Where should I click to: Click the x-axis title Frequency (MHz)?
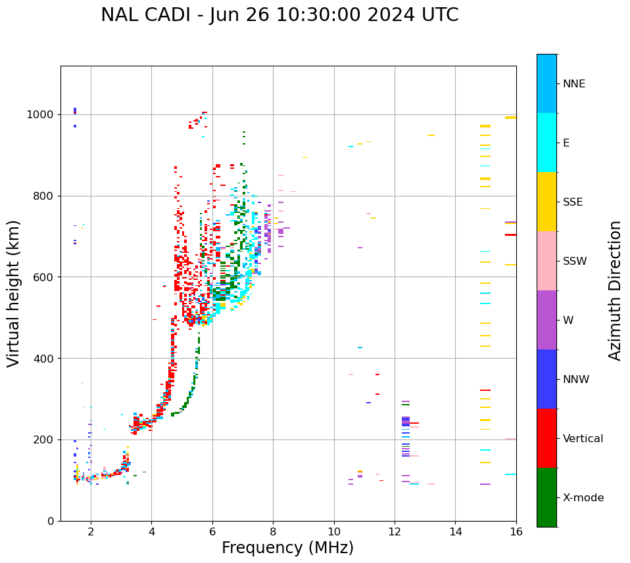point(287,548)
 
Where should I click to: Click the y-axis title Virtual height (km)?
point(14,294)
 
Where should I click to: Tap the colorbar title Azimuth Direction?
point(615,290)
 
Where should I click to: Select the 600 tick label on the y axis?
point(47,277)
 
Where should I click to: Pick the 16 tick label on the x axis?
point(516,531)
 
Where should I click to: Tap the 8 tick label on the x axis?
point(273,531)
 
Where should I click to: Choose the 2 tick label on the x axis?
point(91,531)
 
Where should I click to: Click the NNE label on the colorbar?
point(573,84)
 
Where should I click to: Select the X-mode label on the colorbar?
point(583,498)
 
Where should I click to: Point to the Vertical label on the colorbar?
point(583,439)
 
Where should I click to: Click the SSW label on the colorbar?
point(575,261)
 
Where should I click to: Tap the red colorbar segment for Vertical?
point(546,438)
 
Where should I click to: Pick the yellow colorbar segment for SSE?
point(546,202)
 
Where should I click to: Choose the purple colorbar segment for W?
point(546,320)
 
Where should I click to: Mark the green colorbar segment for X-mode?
point(546,497)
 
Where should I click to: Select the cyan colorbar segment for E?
point(546,143)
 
